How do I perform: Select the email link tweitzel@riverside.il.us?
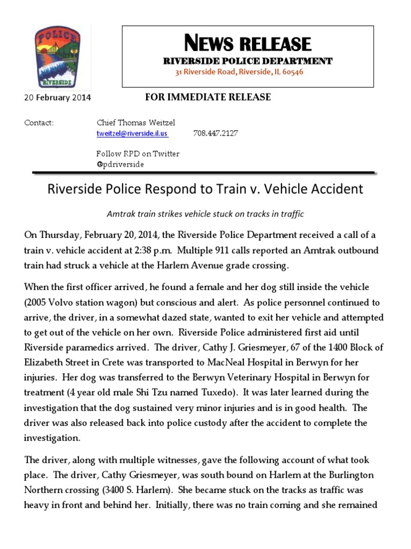(x=132, y=133)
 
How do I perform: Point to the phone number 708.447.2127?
(x=215, y=133)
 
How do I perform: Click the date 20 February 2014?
(x=58, y=98)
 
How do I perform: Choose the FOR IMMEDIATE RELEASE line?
(x=208, y=97)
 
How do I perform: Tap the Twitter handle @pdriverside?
(x=120, y=164)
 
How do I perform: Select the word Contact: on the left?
(x=39, y=123)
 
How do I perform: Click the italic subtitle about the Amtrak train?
(x=205, y=214)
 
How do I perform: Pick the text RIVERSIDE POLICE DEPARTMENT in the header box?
(x=247, y=61)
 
